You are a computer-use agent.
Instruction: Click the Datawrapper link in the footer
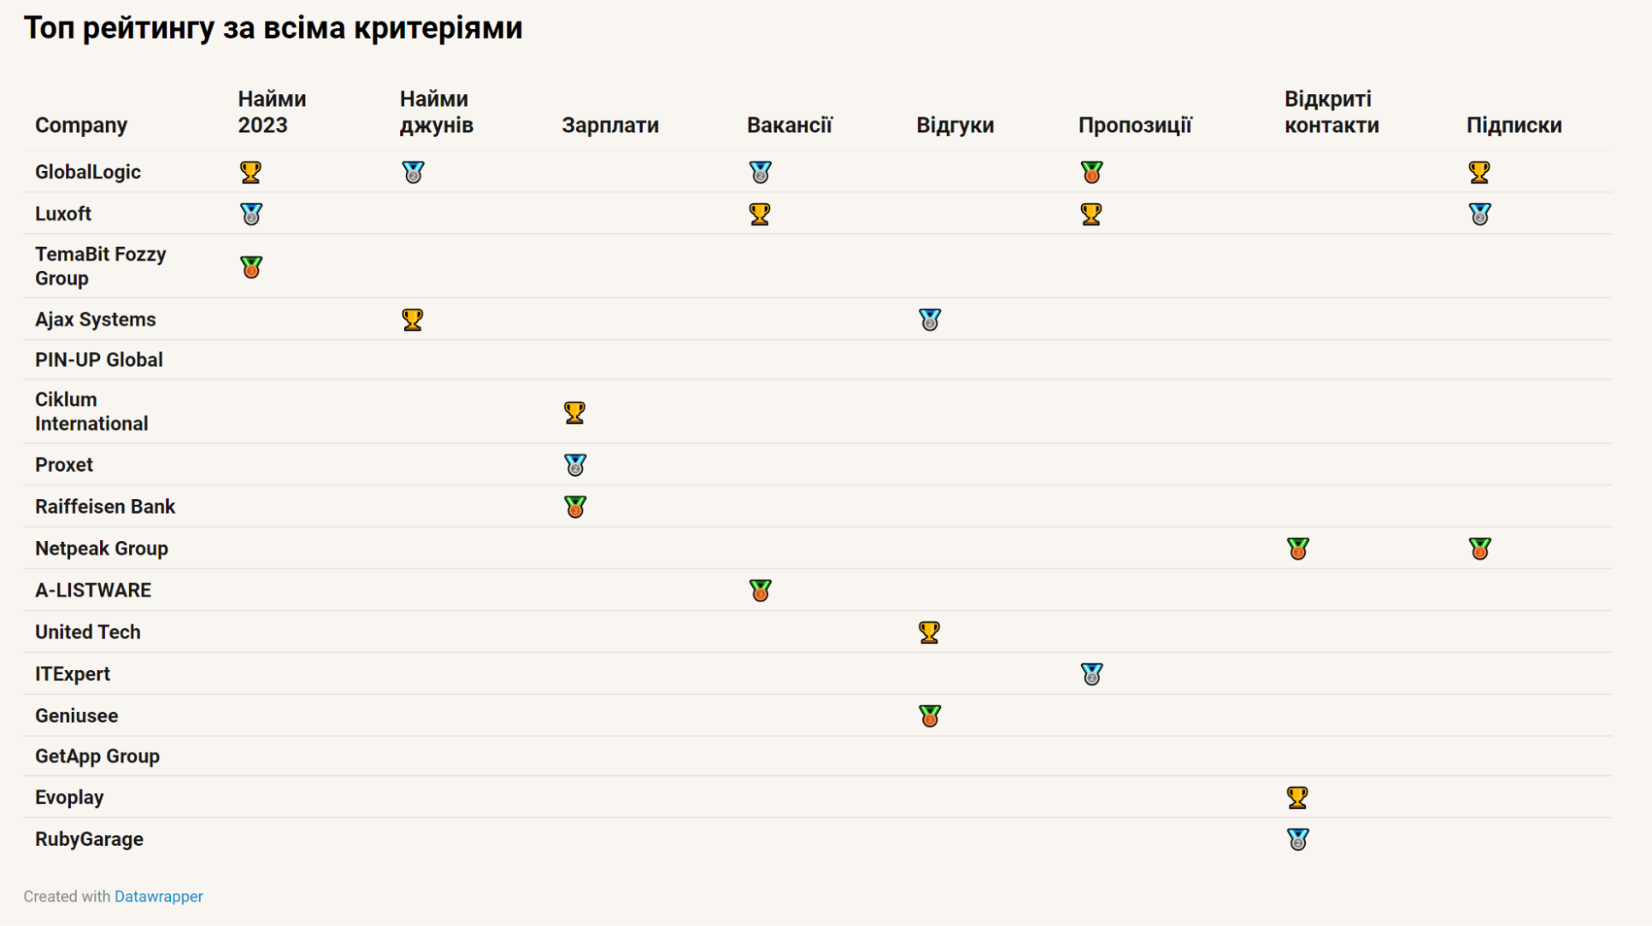tap(158, 896)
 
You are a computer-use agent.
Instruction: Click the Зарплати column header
tap(610, 125)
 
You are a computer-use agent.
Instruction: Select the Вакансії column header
tap(789, 125)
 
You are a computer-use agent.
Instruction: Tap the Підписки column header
tap(1513, 125)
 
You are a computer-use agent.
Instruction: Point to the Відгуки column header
tap(955, 125)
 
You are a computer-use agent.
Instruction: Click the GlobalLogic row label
tap(88, 172)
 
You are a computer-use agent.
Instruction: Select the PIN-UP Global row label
tap(98, 359)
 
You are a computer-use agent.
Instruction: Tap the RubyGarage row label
tap(88, 838)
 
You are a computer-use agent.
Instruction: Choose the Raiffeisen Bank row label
tap(105, 506)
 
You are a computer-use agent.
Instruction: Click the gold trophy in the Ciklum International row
tap(574, 412)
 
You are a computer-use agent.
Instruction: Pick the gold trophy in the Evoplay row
tap(1297, 797)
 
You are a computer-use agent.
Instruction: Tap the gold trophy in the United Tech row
tap(929, 632)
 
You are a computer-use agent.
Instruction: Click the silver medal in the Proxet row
tap(574, 465)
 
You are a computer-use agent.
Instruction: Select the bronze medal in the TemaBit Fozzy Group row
tap(251, 267)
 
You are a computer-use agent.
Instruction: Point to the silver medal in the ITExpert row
tap(1091, 674)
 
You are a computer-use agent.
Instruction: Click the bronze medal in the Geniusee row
tap(929, 715)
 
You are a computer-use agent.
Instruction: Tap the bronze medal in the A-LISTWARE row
tap(759, 591)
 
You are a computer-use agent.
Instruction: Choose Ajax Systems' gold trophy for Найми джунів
tap(412, 320)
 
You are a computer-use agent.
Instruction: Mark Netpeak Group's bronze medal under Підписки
tap(1479, 548)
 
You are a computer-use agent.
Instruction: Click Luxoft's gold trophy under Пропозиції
tap(1091, 214)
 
